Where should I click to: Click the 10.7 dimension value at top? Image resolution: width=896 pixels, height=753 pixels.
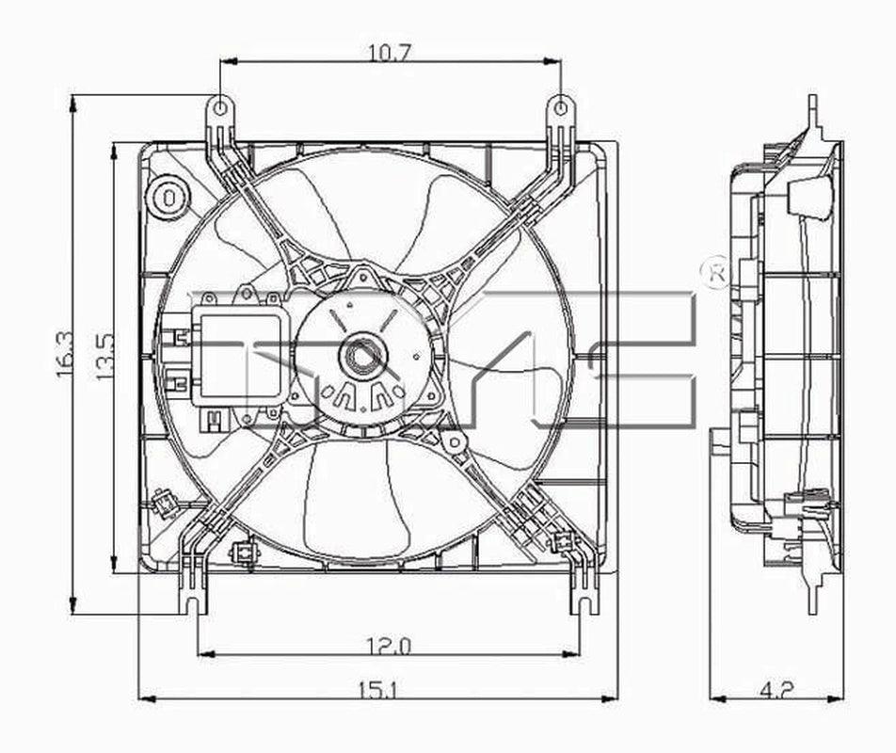389,53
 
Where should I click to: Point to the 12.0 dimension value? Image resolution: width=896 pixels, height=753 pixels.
389,646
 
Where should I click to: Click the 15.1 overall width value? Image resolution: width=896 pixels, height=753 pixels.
377,691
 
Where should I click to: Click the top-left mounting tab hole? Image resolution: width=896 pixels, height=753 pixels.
220,108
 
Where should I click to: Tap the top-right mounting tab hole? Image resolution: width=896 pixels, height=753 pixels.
561,108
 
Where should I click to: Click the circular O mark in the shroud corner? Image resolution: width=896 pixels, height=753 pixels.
168,197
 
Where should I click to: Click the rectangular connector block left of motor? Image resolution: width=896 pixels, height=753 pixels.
239,357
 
